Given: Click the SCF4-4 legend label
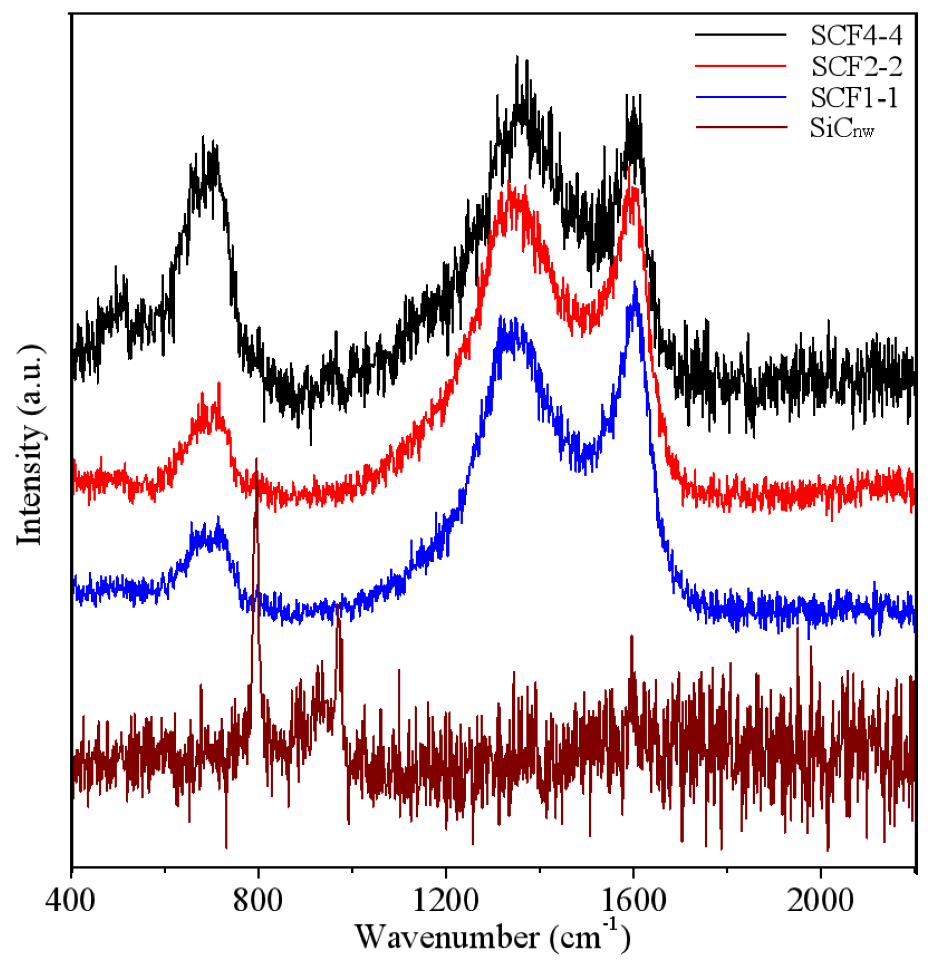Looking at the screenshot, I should (x=856, y=35).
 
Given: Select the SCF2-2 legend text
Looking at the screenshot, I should (x=856, y=66).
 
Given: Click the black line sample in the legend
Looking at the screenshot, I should (x=740, y=34).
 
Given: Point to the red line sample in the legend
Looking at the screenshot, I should (x=740, y=66).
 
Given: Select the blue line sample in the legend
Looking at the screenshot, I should (x=740, y=97).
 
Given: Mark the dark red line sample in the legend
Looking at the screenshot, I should (x=740, y=127).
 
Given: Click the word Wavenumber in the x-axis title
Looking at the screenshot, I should (x=446, y=938).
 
